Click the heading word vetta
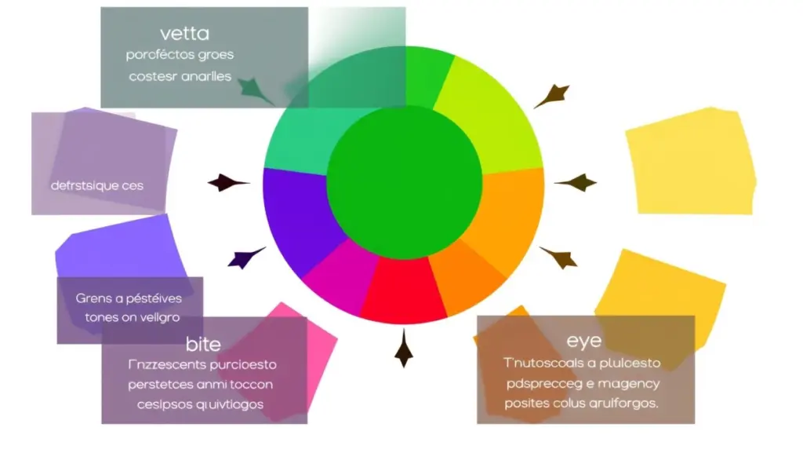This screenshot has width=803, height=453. click(x=184, y=34)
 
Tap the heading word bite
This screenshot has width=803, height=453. click(x=203, y=344)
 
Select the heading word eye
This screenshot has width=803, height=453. click(x=583, y=342)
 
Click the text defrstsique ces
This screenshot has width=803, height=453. click(x=97, y=186)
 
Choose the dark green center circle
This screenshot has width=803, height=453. click(x=404, y=181)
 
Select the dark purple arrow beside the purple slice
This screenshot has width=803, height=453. click(x=244, y=257)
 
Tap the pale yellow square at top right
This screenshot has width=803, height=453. click(x=690, y=161)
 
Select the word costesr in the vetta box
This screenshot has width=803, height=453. click(x=152, y=76)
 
